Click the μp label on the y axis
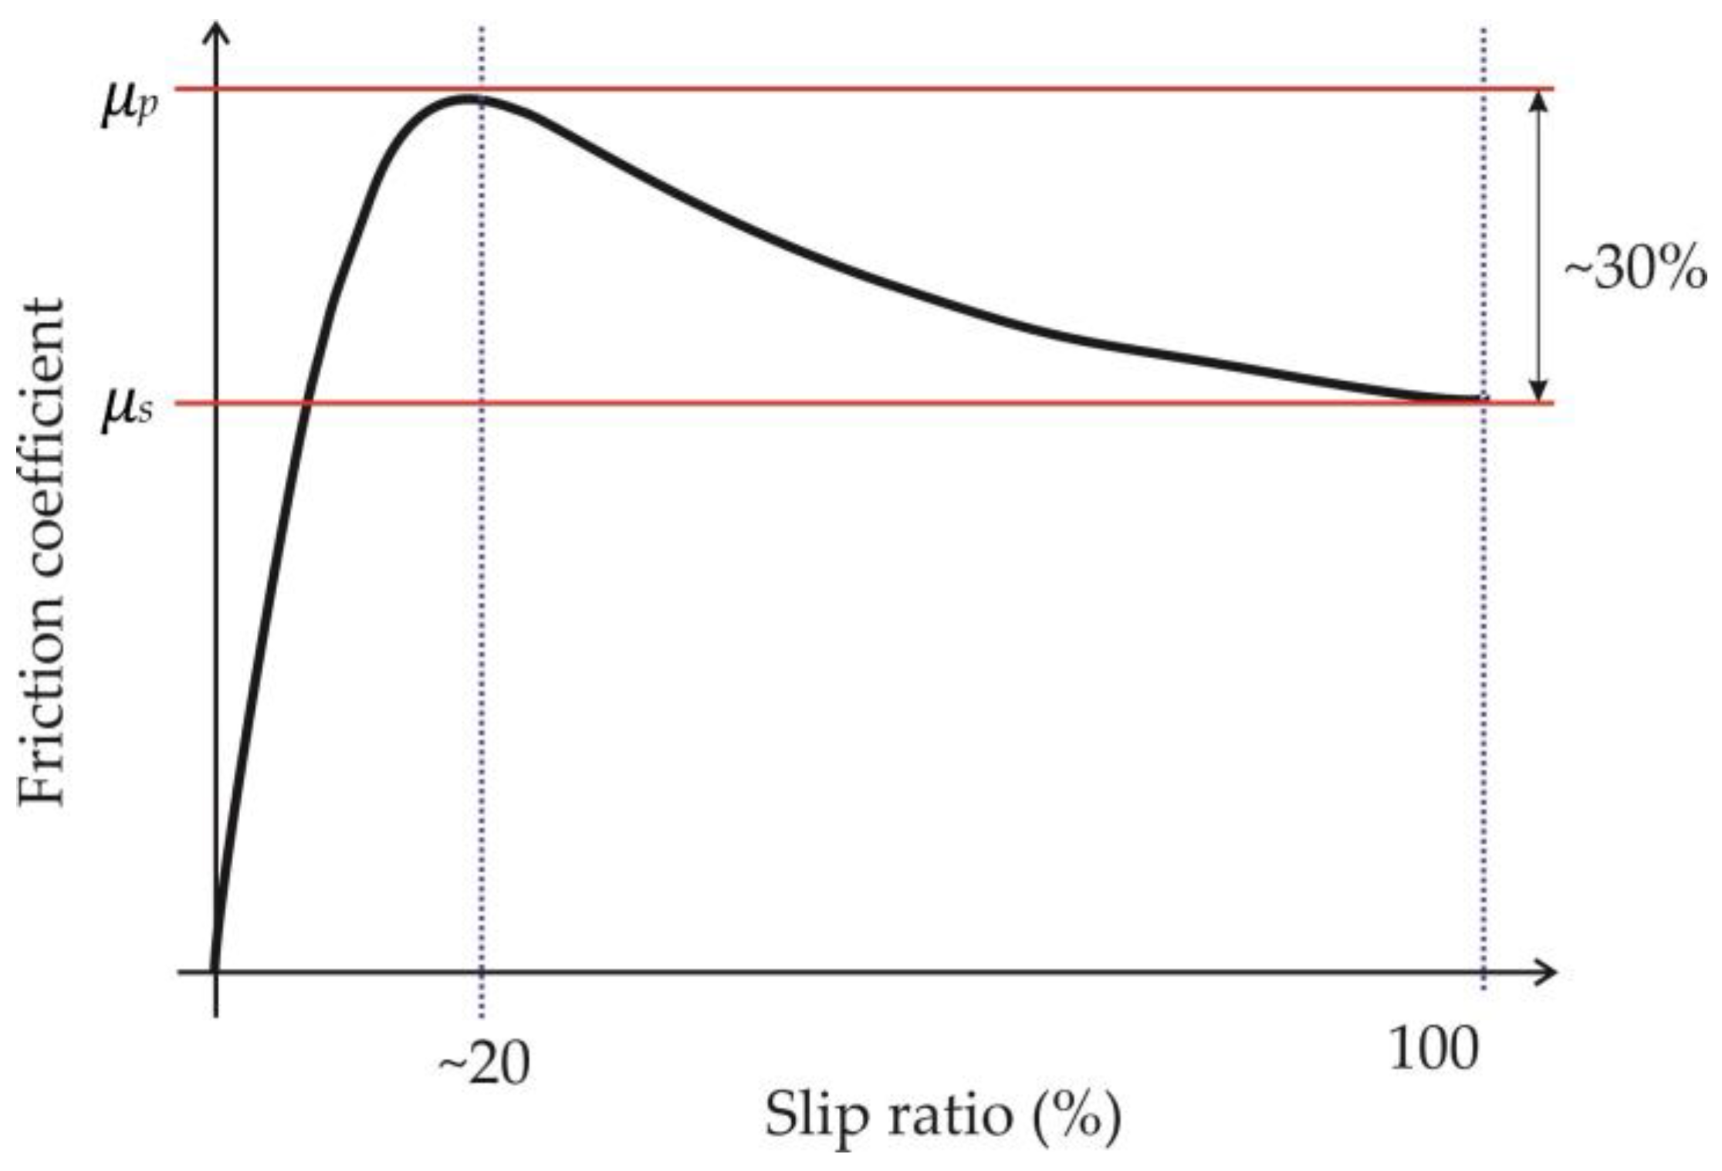click(x=130, y=106)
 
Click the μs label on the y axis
click(x=127, y=410)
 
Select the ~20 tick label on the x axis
click(x=484, y=1066)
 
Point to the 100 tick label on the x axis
click(x=1433, y=1051)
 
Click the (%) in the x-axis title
click(x=1078, y=1116)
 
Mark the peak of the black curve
click(x=466, y=98)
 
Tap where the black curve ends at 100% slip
click(x=1480, y=399)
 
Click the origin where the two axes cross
click(x=216, y=972)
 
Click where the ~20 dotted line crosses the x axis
click(x=482, y=972)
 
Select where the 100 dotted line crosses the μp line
click(x=1483, y=90)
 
